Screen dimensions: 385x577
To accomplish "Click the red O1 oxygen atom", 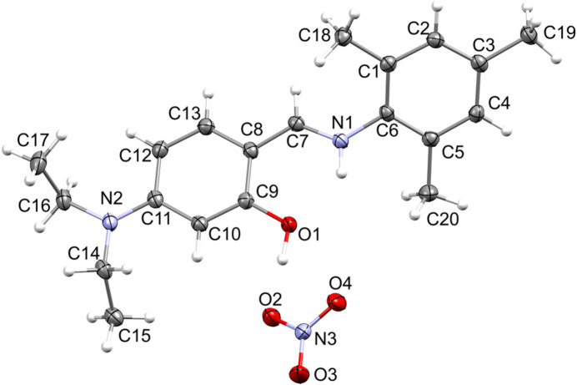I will [287, 224].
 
